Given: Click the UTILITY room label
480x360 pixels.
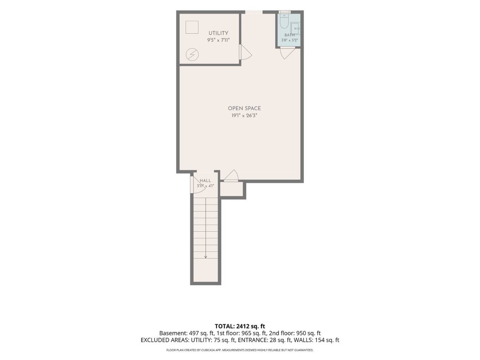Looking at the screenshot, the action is click(218, 33).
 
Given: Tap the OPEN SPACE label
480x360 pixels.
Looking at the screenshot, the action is click(244, 108).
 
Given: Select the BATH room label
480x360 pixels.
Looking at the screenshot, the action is click(289, 35).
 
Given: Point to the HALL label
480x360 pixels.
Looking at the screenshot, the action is click(205, 180).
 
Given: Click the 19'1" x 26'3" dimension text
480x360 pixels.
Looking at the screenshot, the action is click(244, 116).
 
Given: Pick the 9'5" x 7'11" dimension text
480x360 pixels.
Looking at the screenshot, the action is click(218, 40).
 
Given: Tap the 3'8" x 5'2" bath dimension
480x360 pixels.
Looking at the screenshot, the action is click(290, 40).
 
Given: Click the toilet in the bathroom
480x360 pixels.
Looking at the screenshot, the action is click(285, 21).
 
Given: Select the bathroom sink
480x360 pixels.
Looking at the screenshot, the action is click(295, 29).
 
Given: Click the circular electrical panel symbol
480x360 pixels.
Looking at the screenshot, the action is click(192, 55).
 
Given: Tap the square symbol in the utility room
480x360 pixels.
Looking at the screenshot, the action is click(192, 27).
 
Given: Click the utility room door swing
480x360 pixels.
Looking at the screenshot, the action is click(246, 52).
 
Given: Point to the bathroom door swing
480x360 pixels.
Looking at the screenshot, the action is click(287, 53).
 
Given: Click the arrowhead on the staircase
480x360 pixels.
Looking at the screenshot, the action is click(206, 257).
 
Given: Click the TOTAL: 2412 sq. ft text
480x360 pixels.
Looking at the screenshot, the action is click(240, 326).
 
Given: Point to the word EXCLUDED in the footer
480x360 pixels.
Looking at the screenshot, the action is click(155, 340).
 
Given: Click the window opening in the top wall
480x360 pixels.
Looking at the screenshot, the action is click(254, 12).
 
